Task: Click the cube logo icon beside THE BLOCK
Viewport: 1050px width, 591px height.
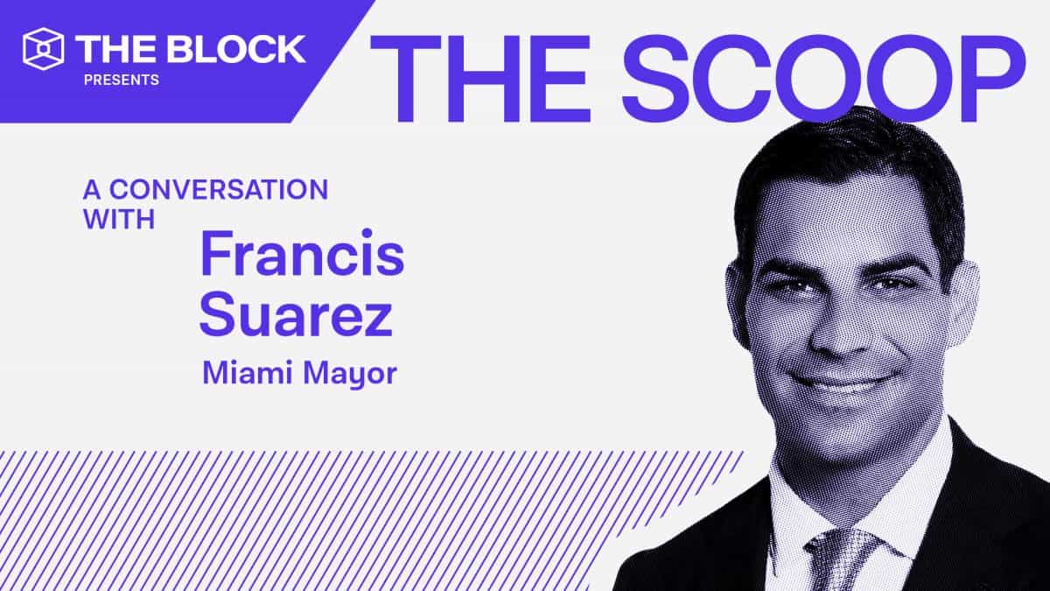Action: pos(44,48)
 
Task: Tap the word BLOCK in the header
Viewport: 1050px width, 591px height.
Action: pos(236,48)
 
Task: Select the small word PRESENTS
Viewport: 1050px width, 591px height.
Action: pos(122,81)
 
